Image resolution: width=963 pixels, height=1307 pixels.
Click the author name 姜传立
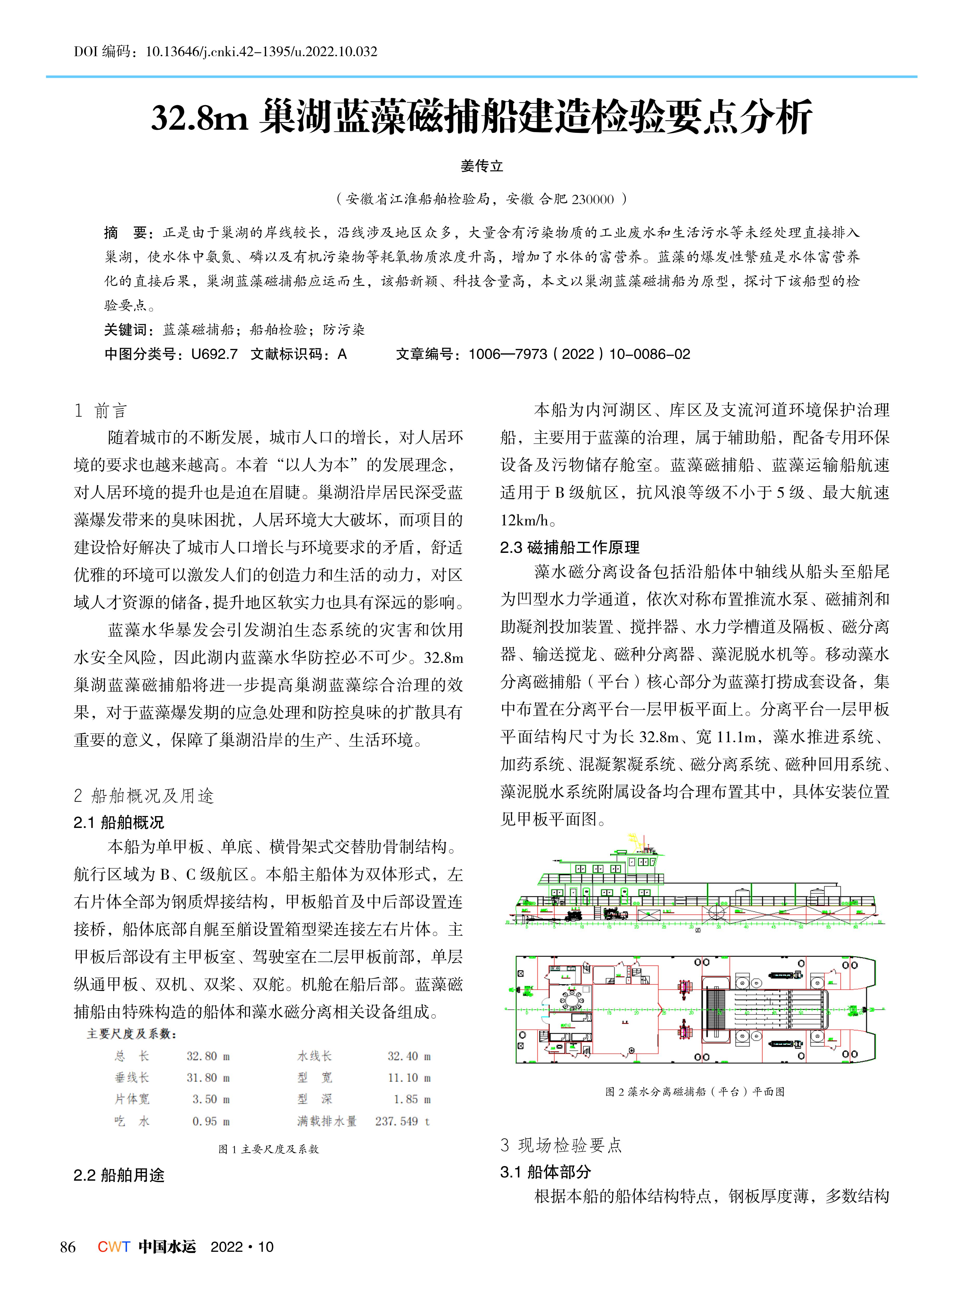coord(482,166)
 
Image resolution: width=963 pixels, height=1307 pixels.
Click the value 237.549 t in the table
coord(402,1121)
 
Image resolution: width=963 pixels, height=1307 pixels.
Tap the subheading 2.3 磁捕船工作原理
coord(570,547)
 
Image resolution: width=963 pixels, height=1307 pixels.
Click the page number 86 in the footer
coord(68,1247)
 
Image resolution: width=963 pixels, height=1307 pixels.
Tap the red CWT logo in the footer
coord(114,1247)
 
